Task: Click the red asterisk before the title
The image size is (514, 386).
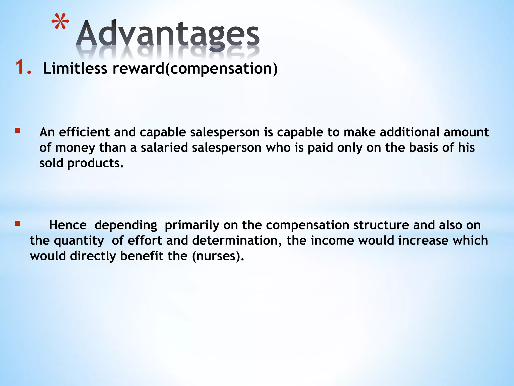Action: pyautogui.click(x=60, y=23)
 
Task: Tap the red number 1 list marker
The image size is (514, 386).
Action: pyautogui.click(x=23, y=67)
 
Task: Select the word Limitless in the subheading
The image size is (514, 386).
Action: pyautogui.click(x=75, y=68)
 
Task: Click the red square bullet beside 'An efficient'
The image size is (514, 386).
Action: pyautogui.click(x=17, y=130)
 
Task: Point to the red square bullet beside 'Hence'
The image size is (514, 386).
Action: pyautogui.click(x=17, y=223)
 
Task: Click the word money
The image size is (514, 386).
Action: pyautogui.click(x=75, y=148)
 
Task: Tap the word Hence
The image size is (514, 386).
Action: pyautogui.click(x=68, y=225)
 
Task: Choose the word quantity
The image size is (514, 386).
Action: pyautogui.click(x=79, y=241)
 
